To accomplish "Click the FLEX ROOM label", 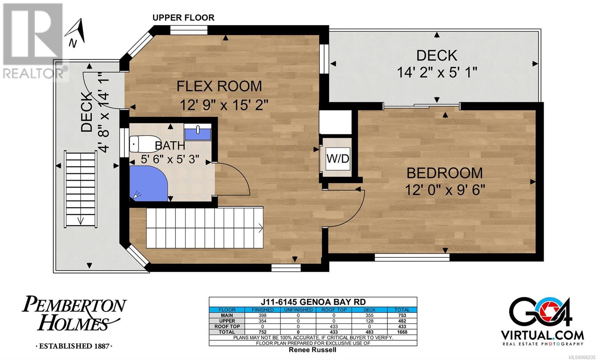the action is coord(219,86).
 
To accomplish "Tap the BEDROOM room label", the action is coord(444,173).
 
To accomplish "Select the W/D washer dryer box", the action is coord(338,159).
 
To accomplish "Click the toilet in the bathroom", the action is coord(145,144).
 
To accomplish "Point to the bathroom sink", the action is coord(197,132).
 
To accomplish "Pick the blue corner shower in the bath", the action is coord(148,183).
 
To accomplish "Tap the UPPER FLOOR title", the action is coord(183,18).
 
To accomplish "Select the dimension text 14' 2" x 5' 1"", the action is coord(437,72).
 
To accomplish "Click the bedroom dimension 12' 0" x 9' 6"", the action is coord(445,190).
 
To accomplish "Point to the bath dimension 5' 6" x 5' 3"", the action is coord(170,159).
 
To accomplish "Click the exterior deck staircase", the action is coord(81,189).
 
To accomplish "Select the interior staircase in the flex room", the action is coord(205,228).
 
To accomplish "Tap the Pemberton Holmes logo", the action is coord(74,322).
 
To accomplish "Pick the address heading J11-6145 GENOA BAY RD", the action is coord(313,302).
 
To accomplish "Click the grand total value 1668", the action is coord(402,332).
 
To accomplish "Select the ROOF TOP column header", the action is coord(334,310).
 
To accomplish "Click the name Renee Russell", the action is coord(313,350).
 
